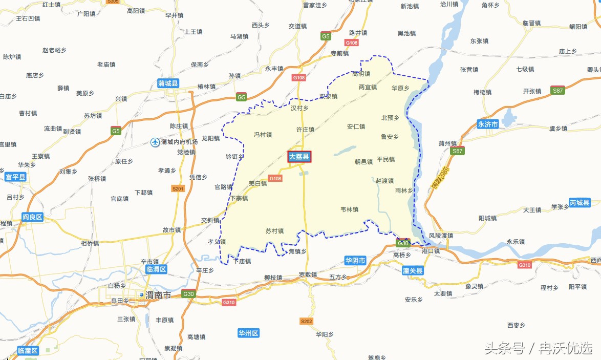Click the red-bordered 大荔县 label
[x=299, y=157]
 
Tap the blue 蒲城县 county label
[x=168, y=83]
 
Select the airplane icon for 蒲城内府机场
[x=155, y=142]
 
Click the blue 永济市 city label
[x=487, y=124]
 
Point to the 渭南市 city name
[x=158, y=295]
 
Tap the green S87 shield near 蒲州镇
[x=457, y=151]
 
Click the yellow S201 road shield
[x=178, y=189]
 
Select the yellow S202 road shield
[x=306, y=321]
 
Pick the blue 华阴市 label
[x=355, y=261]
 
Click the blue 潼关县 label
[x=413, y=270]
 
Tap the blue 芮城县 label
[x=579, y=203]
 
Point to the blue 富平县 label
[x=15, y=177]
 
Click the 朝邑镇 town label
[x=364, y=162]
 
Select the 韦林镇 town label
[x=349, y=209]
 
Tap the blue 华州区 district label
[x=249, y=333]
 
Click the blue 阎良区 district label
[x=32, y=217]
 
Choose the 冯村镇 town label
[x=263, y=135]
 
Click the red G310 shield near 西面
[x=524, y=265]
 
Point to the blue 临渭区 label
[x=156, y=269]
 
